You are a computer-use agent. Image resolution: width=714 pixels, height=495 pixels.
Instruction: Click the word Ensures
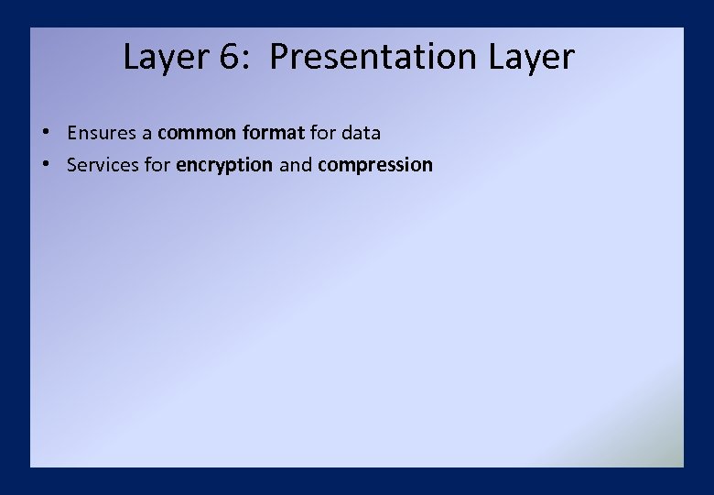click(101, 133)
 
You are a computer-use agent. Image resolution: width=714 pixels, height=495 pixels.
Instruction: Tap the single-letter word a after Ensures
click(146, 133)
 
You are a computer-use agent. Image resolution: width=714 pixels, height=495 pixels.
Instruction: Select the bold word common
click(198, 133)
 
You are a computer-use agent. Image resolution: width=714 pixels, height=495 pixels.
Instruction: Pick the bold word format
click(274, 133)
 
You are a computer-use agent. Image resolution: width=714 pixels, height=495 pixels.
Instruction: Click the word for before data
click(323, 133)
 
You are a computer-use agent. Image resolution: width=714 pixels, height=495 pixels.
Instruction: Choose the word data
click(361, 133)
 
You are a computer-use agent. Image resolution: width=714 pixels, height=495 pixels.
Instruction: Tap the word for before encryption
click(157, 166)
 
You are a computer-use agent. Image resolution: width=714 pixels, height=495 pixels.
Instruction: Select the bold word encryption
click(224, 166)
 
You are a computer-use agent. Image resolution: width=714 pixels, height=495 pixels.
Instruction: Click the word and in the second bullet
click(296, 166)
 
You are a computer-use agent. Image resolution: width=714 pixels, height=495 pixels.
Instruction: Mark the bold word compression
click(375, 166)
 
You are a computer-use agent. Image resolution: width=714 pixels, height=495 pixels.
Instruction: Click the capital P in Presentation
click(279, 58)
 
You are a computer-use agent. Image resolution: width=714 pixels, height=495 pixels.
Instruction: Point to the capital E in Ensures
click(72, 133)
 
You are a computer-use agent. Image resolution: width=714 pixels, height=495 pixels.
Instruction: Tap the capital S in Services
click(72, 166)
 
